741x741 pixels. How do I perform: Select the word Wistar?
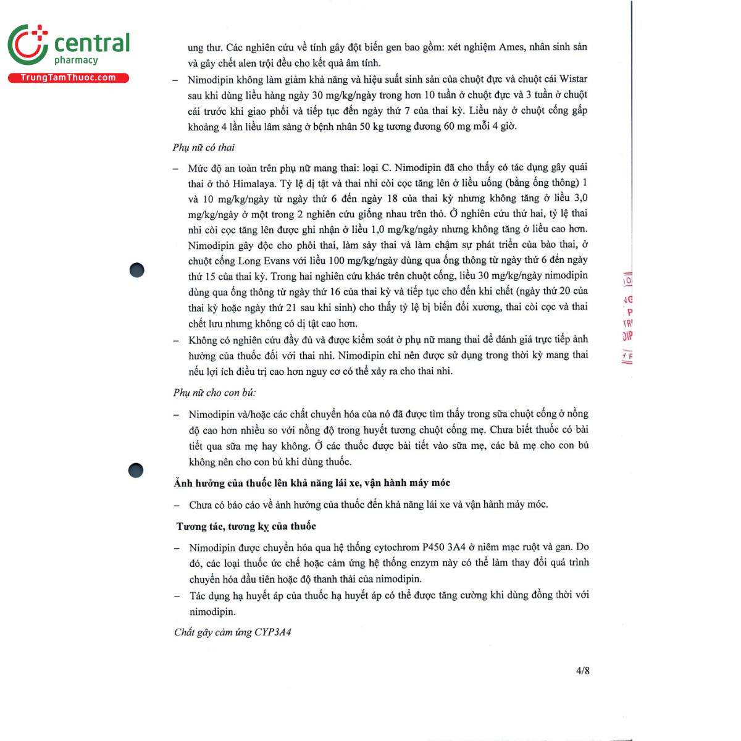[x=573, y=79]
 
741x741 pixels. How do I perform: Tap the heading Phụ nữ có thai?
[x=204, y=148]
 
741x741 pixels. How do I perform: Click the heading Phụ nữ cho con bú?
[x=214, y=393]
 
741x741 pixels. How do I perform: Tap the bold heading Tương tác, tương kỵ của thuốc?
[x=246, y=526]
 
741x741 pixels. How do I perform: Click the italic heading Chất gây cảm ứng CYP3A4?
[x=232, y=632]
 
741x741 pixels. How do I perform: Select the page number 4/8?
[x=582, y=671]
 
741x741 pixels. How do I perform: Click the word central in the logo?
[x=92, y=43]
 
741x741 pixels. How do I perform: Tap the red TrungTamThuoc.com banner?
[x=68, y=78]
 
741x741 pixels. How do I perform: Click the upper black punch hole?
[x=136, y=270]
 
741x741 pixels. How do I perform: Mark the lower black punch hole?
[x=136, y=471]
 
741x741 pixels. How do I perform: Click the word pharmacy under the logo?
[x=76, y=61]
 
